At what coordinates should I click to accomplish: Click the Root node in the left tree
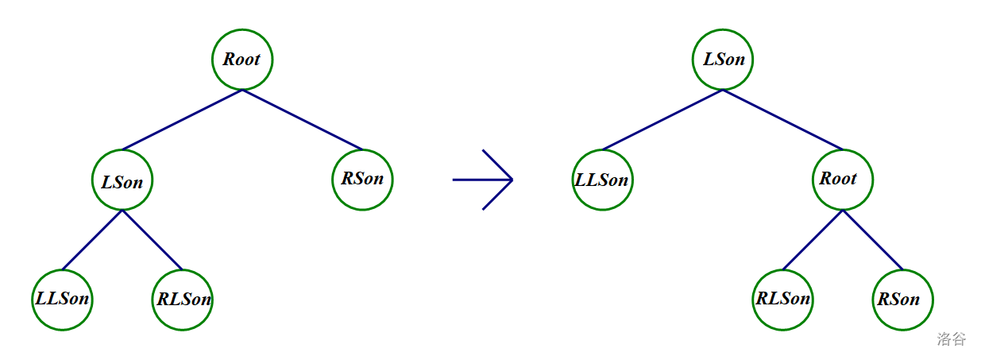point(242,60)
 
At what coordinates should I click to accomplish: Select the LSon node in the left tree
point(122,180)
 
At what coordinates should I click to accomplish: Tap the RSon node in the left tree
point(362,179)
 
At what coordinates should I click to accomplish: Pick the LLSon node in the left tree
point(63,300)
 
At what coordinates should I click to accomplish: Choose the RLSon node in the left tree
point(183,300)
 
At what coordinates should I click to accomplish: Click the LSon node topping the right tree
point(723,60)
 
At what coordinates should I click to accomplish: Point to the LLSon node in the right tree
point(602,180)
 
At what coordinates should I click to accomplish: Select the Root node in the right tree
point(842,180)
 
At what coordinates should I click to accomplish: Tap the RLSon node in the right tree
point(782,300)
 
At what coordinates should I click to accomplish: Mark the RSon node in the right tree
point(902,300)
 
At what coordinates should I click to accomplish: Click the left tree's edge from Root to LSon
point(182,120)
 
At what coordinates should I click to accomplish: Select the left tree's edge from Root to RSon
point(303,120)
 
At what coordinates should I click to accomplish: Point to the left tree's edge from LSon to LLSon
point(92,240)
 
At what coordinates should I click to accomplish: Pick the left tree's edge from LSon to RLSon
point(153,240)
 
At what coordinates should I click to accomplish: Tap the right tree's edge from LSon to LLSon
point(662,120)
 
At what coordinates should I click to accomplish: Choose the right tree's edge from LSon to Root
point(782,120)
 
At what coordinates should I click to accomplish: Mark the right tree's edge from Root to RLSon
point(812,240)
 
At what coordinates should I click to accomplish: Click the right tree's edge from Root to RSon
point(872,240)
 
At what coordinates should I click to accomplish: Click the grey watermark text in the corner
point(951,339)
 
